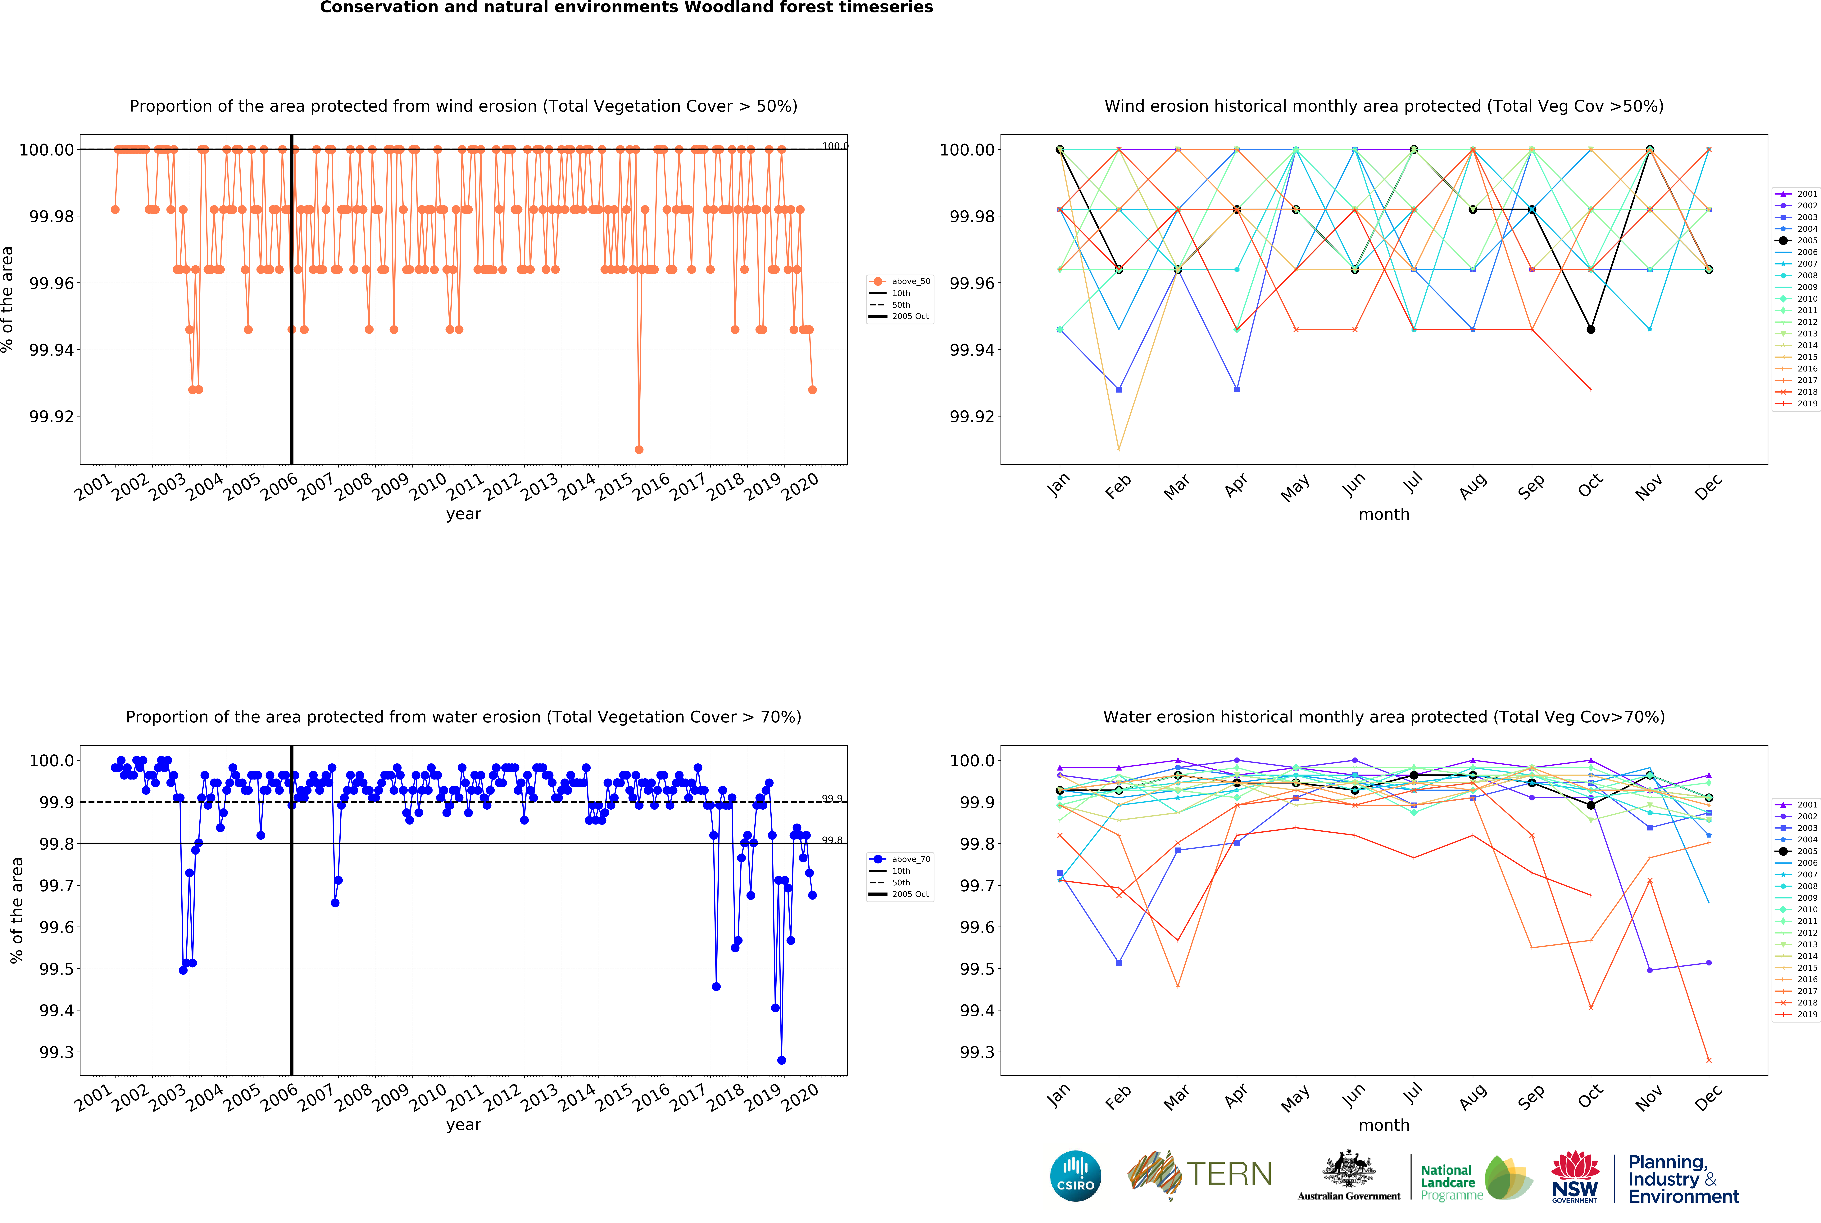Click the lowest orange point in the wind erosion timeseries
[x=639, y=449]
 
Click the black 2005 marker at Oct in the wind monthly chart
[x=1591, y=329]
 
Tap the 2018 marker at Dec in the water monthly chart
[x=1709, y=1060]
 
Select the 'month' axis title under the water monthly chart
[x=1384, y=1125]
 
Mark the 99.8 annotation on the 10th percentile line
[x=832, y=840]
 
